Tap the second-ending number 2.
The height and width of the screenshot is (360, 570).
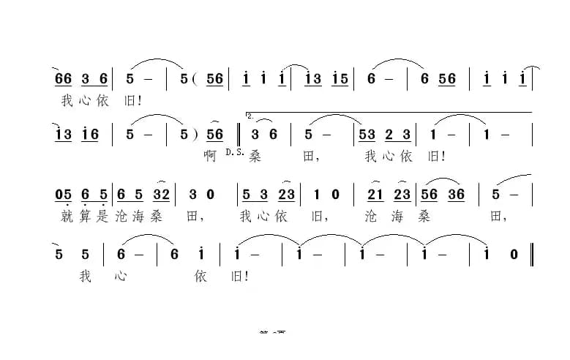coord(251,116)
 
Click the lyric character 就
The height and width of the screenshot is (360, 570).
coord(68,217)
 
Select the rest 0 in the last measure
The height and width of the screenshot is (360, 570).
coord(514,255)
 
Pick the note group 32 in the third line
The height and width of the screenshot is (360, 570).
coord(162,195)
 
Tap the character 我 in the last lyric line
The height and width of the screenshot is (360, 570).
coord(86,277)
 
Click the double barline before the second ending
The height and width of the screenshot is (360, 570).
coord(241,135)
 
